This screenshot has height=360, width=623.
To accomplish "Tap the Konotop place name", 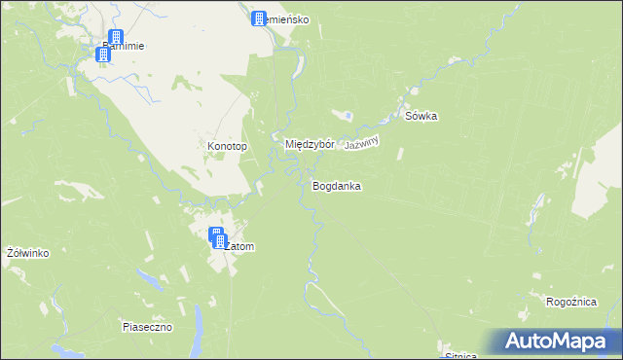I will (228, 147).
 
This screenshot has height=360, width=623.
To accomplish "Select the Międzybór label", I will (310, 144).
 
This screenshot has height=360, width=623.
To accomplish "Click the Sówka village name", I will (421, 117).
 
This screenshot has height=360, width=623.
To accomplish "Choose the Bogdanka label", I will (337, 185).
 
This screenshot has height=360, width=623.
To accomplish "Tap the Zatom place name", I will (239, 247).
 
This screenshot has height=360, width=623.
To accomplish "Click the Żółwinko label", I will (27, 253).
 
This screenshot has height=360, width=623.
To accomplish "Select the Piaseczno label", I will (147, 327).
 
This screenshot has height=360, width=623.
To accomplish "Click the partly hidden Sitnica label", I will (458, 355).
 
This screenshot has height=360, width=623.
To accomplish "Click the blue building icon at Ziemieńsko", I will (259, 18).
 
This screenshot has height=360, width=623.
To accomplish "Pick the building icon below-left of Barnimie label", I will (103, 54).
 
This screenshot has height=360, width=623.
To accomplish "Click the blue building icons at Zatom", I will (218, 237).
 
